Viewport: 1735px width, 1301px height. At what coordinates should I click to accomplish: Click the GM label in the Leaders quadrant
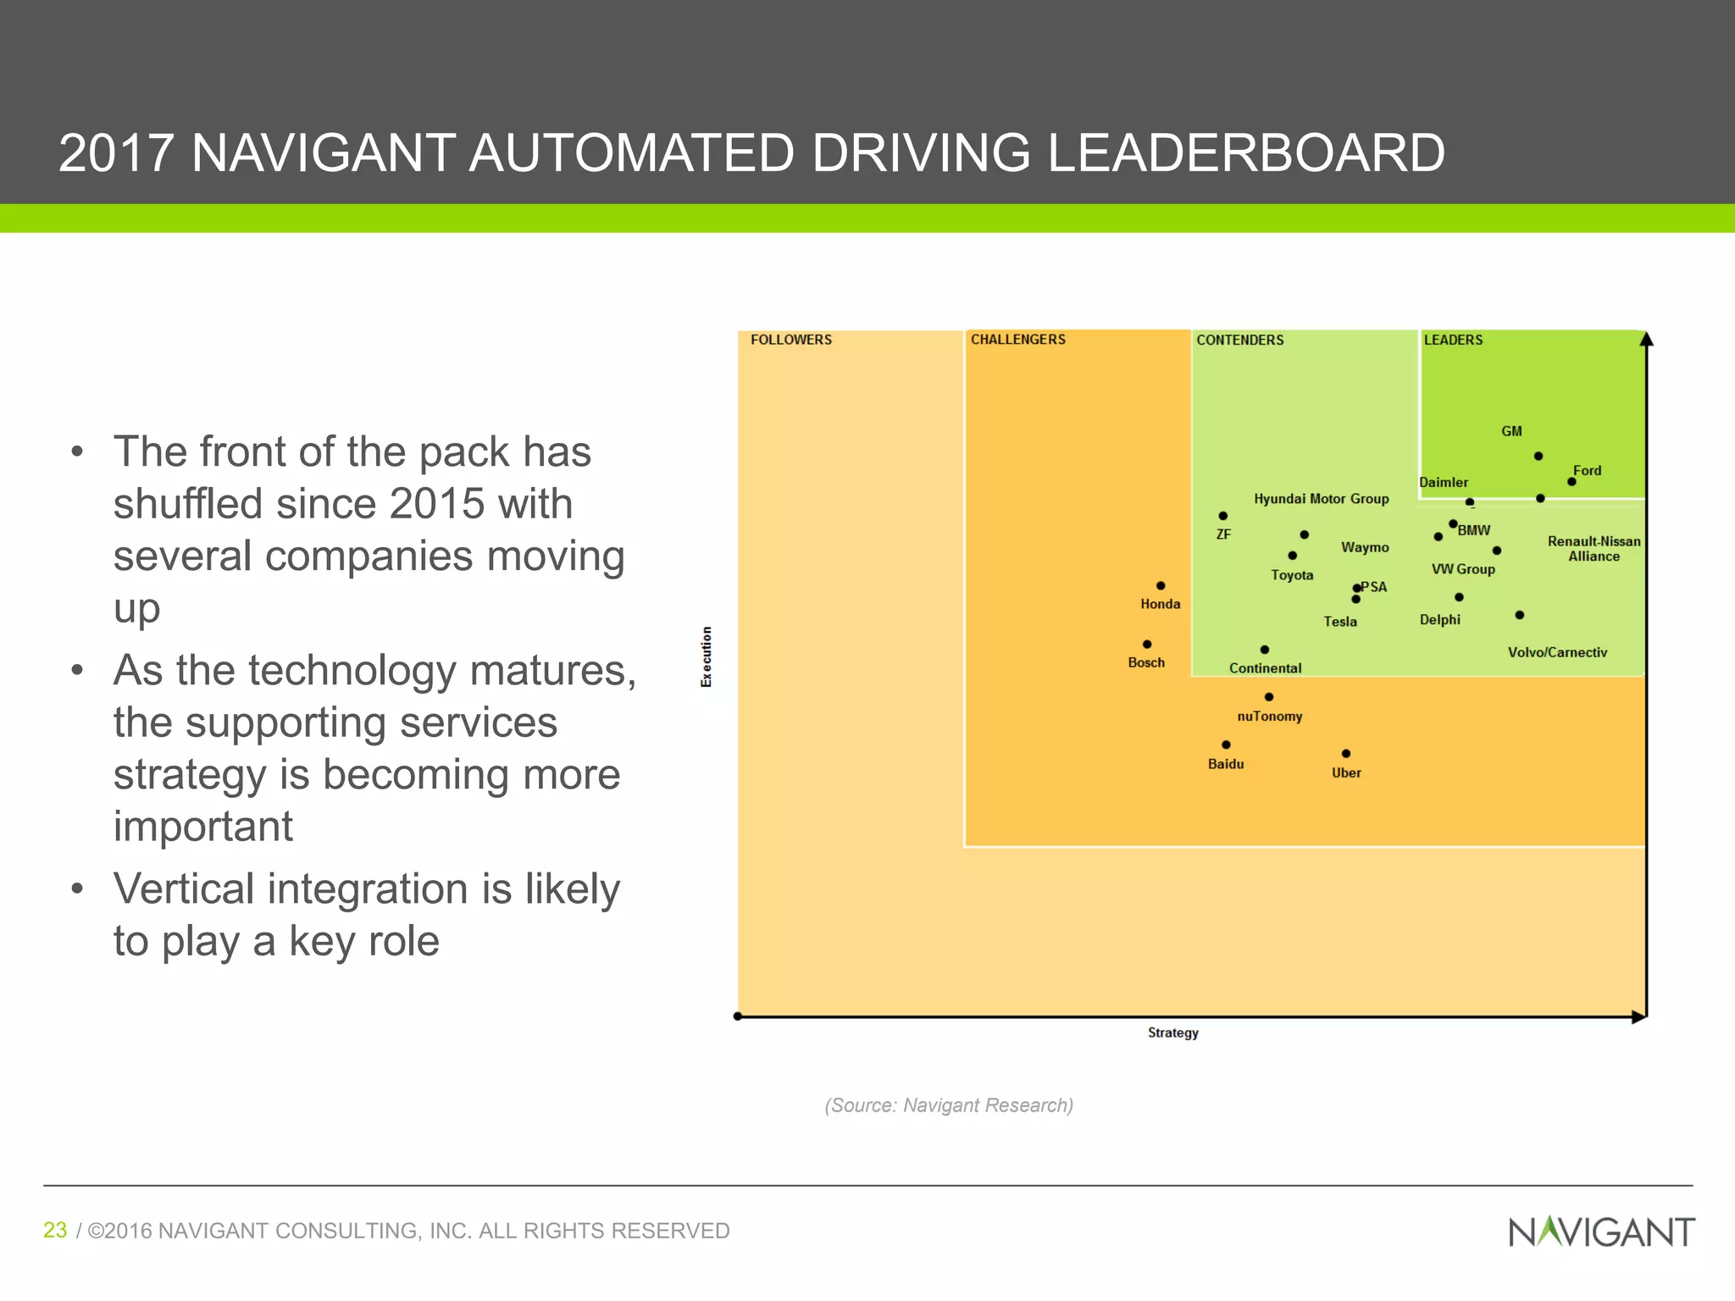coord(1511,431)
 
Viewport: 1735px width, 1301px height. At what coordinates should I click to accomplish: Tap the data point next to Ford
coord(1571,482)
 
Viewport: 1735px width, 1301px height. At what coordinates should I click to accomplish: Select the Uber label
coord(1346,772)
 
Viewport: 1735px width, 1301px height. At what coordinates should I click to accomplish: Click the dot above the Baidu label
coord(1226,745)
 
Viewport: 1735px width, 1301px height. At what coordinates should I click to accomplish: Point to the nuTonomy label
coord(1269,717)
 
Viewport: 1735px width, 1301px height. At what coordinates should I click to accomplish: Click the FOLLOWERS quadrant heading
coord(790,340)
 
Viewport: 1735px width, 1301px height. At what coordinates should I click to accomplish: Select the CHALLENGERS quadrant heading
coord(1017,340)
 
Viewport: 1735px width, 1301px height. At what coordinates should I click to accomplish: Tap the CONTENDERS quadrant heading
coord(1239,340)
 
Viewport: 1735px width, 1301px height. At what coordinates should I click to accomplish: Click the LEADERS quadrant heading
coord(1453,340)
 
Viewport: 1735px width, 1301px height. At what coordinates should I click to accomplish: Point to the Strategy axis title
coord(1172,1032)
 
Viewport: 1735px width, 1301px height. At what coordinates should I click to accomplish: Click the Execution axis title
coord(707,656)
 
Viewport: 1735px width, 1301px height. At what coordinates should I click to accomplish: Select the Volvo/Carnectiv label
coord(1557,652)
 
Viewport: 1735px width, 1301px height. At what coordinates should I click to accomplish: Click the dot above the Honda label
coord(1161,586)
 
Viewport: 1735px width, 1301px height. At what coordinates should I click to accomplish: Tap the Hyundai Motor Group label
coord(1321,499)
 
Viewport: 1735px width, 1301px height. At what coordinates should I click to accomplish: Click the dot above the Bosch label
coord(1147,645)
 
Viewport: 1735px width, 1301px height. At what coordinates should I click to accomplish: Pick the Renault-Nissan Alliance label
coord(1594,549)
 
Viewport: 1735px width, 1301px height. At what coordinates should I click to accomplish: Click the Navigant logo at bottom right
coord(1601,1232)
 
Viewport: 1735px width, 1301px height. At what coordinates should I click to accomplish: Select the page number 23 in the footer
coord(55,1230)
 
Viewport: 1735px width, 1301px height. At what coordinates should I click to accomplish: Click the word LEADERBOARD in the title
coord(1245,153)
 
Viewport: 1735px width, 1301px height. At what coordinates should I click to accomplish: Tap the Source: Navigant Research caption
coord(949,1105)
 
